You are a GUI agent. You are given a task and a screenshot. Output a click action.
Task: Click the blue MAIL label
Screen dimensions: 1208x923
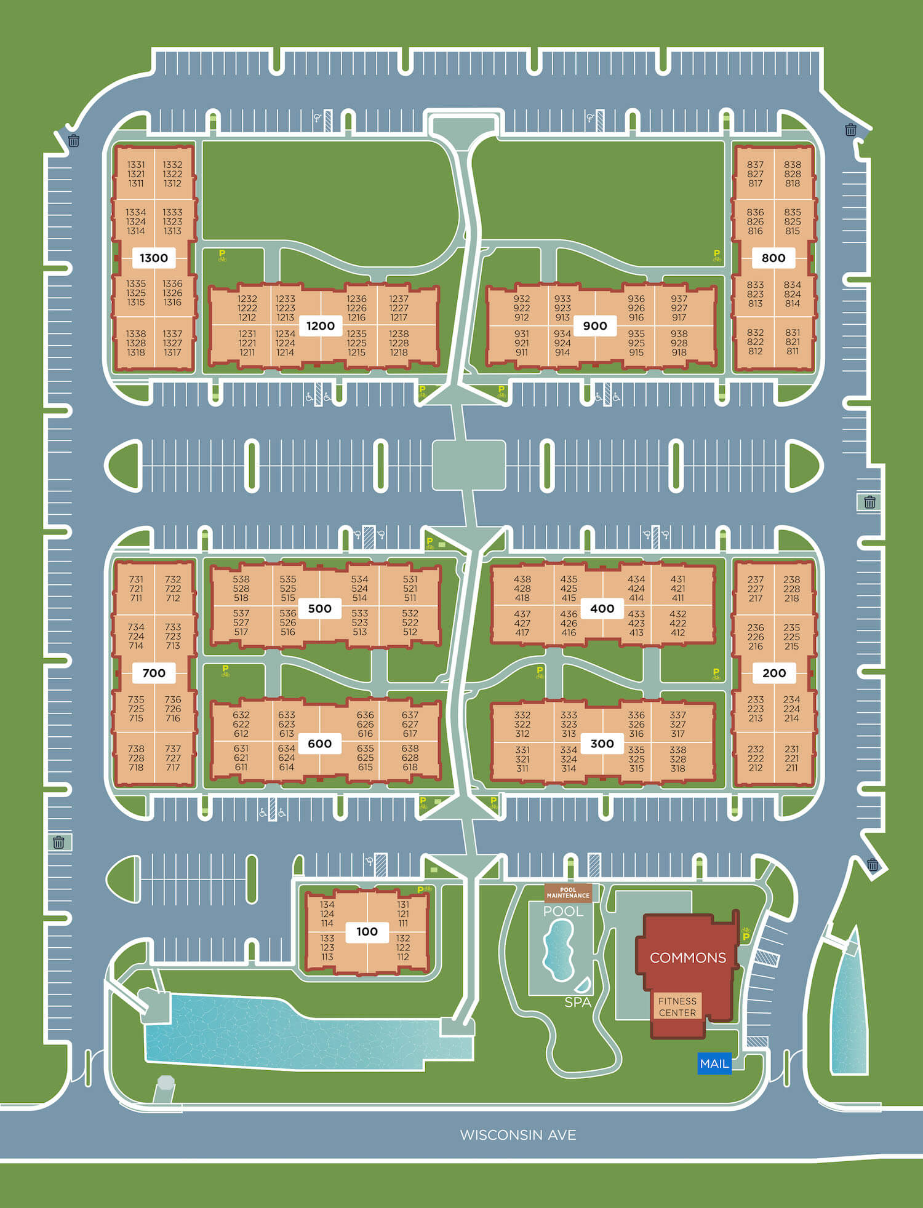714,1063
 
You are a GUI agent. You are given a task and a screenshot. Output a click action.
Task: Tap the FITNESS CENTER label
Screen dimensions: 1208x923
677,1007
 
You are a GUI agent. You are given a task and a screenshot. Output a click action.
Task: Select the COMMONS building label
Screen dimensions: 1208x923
687,958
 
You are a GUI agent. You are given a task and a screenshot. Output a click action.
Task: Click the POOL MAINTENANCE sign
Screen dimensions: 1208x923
567,892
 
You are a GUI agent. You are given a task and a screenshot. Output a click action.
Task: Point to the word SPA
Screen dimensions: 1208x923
577,1003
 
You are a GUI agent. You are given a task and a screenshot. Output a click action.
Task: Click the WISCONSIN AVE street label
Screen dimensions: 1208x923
518,1135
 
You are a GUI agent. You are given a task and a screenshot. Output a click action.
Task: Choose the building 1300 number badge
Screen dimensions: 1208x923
153,258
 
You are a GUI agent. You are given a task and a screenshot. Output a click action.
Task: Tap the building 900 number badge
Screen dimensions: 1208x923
594,326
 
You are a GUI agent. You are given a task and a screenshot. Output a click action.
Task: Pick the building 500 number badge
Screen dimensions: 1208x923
319,608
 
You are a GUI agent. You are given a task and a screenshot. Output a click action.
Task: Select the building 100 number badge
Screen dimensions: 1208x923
367,931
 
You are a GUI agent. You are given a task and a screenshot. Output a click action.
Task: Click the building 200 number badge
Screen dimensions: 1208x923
773,673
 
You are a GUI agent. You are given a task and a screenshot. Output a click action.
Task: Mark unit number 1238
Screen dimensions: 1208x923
399,334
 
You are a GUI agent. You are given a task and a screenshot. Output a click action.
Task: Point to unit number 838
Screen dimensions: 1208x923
793,165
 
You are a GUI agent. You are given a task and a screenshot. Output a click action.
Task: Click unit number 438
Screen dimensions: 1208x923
522,579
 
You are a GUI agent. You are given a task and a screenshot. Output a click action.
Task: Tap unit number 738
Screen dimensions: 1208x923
136,749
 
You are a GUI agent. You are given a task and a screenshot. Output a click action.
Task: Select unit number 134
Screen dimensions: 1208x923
327,905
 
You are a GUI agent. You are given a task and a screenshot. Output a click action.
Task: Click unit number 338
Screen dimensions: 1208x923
678,750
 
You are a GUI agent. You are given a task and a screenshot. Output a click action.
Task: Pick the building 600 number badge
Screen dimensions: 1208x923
319,744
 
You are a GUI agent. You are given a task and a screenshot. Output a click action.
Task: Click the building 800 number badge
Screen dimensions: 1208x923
773,258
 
